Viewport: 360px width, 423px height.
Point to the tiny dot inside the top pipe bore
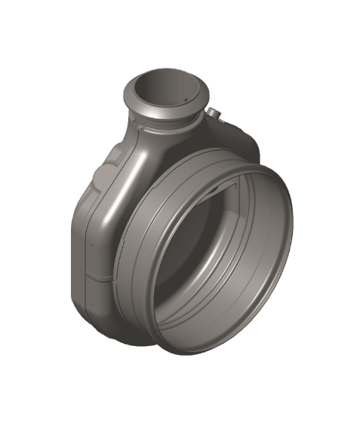click(x=183, y=100)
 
